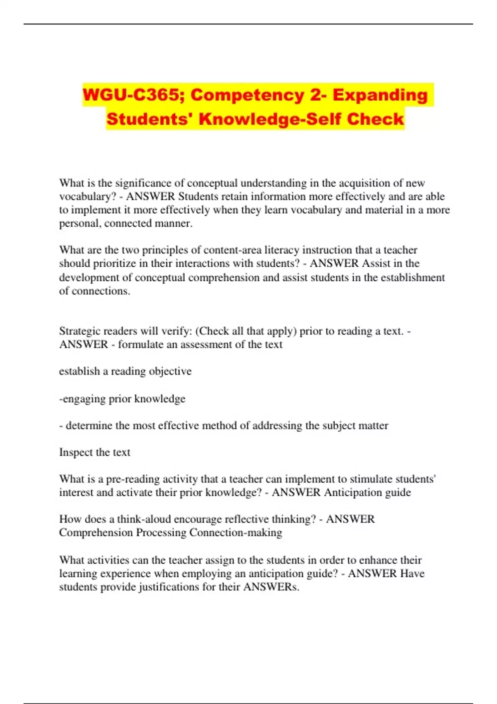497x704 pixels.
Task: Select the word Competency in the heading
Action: point(247,95)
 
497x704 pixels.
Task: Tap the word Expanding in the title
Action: point(380,95)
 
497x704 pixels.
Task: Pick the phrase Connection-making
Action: point(236,533)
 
